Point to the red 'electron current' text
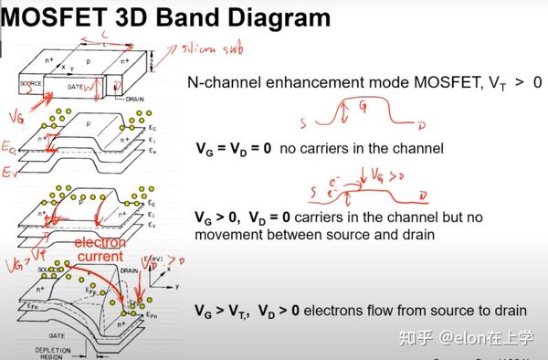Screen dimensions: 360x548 coord(100,249)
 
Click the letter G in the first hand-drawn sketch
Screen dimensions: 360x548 coord(364,105)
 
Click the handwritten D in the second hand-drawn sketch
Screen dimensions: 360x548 coord(421,195)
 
